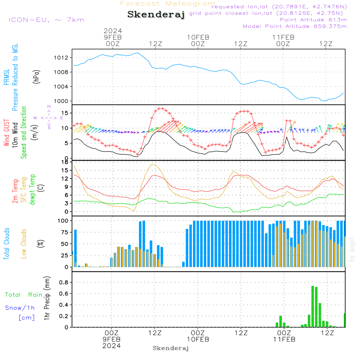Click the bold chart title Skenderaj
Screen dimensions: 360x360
pos(156,15)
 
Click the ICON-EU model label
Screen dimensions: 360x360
pos(46,20)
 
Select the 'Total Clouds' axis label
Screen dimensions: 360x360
pos(6,244)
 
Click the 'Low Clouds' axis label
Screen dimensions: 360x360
pos(24,244)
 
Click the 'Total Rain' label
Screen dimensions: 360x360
pos(24,294)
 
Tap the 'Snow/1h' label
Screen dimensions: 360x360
pos(20,308)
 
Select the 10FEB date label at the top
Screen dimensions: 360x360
pos(198,37)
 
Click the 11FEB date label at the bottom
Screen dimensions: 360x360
pos(284,339)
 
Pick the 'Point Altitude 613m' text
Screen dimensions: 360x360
pos(313,20)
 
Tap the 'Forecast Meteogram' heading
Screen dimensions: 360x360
pos(168,4)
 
